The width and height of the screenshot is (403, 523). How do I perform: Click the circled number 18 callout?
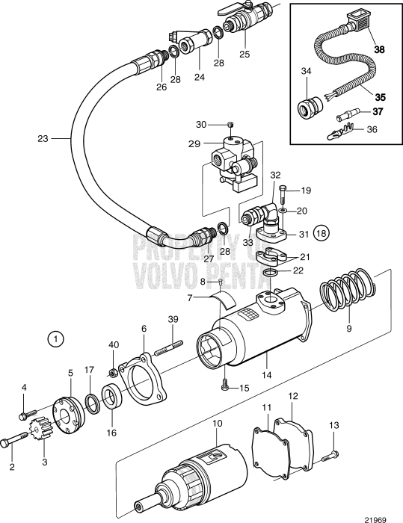[322, 232]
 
